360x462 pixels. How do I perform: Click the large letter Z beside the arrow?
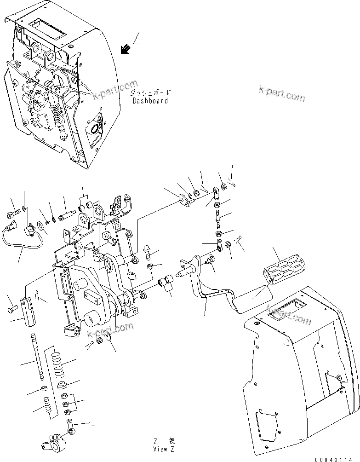136,37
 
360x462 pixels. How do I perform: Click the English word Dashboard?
150,101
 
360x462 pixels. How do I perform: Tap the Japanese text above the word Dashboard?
150,92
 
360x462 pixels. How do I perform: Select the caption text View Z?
164,449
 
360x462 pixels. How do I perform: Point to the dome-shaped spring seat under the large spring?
63,385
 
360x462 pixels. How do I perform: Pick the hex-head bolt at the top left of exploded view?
13,214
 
